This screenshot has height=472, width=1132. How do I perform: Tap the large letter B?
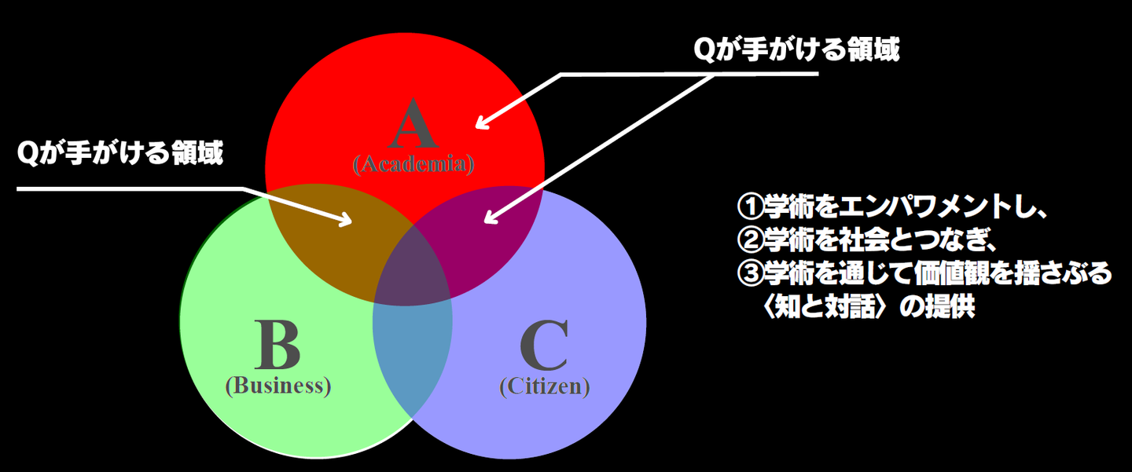(277, 346)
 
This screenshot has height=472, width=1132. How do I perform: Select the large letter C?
(544, 346)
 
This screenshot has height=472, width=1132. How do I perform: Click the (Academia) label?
(413, 164)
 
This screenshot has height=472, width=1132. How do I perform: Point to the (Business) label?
(277, 386)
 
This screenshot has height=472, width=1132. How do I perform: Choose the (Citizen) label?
(544, 386)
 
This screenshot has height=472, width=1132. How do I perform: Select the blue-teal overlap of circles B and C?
(412, 353)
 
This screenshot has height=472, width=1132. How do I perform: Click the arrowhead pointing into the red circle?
(480, 123)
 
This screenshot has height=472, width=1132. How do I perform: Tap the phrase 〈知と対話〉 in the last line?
(825, 306)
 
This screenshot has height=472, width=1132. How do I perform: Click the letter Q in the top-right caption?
(704, 50)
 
